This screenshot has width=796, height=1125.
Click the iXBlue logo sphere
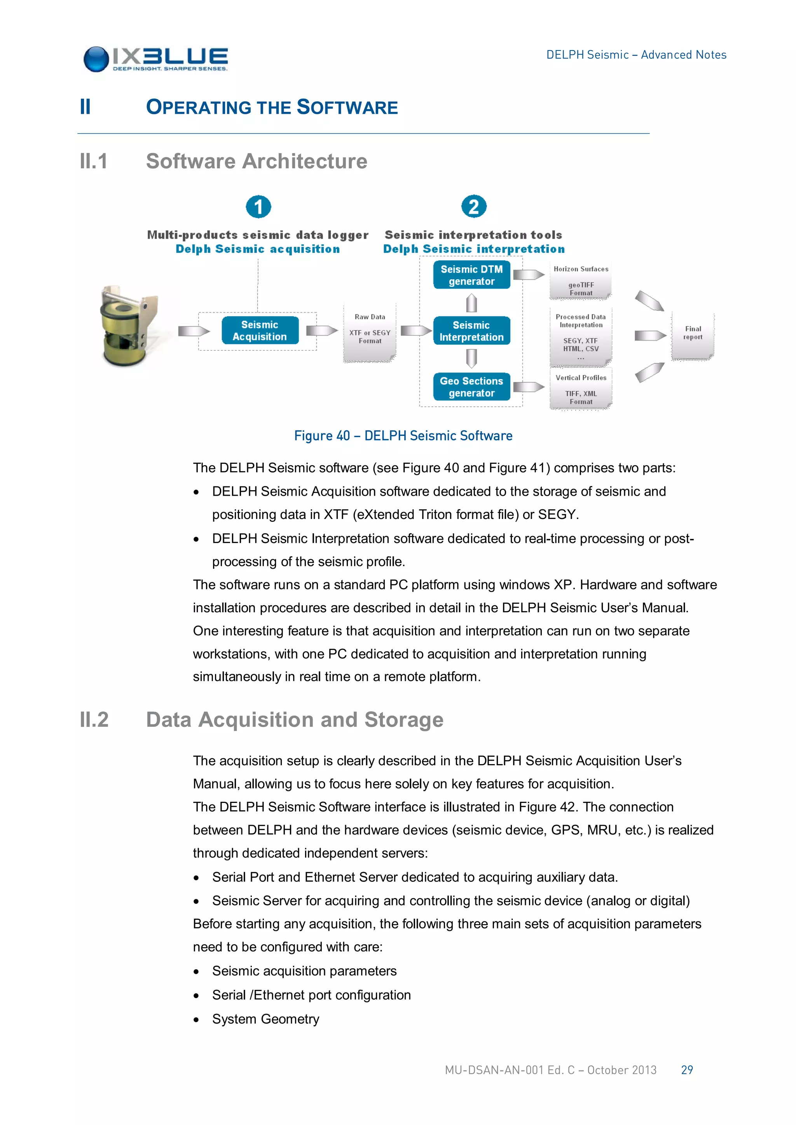(x=96, y=59)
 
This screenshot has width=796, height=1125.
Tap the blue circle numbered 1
(x=258, y=207)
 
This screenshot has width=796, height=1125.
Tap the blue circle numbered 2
(x=473, y=207)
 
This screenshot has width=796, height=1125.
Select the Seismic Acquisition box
(x=260, y=331)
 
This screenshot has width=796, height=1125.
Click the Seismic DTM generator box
(x=471, y=275)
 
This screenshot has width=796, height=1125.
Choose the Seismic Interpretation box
(x=471, y=331)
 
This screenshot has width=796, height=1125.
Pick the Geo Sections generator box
(x=471, y=387)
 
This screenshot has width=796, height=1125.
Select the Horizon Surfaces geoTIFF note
(x=581, y=281)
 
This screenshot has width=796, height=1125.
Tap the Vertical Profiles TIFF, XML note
(x=581, y=390)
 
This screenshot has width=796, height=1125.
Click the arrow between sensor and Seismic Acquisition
(x=193, y=331)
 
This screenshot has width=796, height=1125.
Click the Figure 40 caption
(x=403, y=435)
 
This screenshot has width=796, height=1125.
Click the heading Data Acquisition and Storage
(x=295, y=720)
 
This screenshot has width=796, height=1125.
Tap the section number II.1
(x=94, y=161)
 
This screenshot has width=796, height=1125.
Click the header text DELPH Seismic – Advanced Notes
(x=636, y=55)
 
